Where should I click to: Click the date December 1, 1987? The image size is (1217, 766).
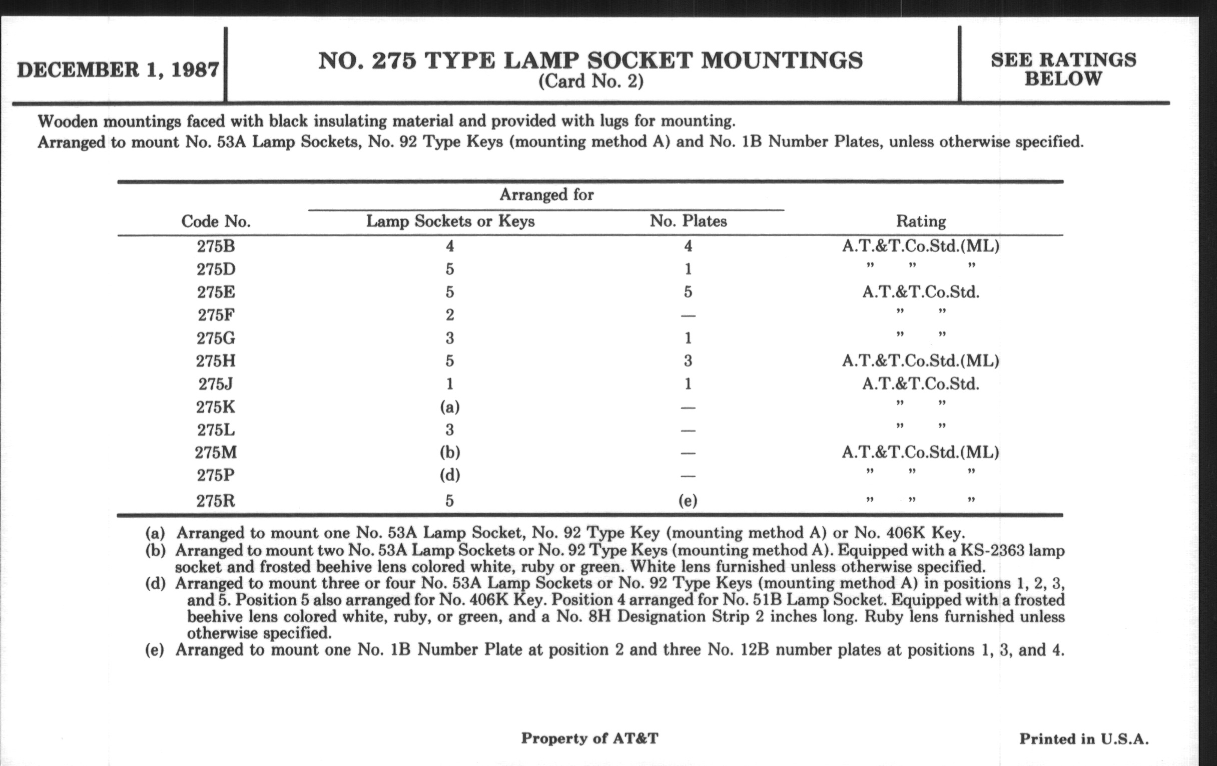118,69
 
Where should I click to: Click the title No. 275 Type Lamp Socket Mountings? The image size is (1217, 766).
590,61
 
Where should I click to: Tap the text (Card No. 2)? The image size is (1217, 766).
590,82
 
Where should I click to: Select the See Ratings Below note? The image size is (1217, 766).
1063,69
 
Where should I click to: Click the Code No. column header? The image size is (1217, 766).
216,221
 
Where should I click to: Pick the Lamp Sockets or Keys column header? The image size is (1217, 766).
450,221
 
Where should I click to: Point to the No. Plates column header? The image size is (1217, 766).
688,221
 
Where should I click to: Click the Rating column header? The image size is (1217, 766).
921,221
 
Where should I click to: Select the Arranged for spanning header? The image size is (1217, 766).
546,195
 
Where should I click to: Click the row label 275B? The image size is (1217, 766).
216,246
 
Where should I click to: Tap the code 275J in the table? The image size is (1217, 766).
216,385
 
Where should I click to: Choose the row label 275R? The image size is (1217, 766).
216,501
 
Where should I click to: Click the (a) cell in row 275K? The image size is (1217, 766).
450,407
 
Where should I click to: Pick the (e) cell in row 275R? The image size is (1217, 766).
688,501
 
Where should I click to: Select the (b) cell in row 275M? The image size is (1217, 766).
450,453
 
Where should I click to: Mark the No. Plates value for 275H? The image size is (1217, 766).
688,361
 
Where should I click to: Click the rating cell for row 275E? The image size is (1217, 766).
921,292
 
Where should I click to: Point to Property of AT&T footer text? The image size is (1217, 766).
590,738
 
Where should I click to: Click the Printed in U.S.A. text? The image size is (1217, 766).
1083,739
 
